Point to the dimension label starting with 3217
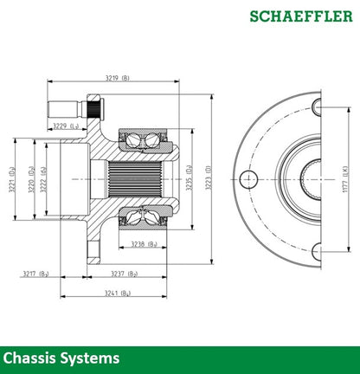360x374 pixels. coord(35,274)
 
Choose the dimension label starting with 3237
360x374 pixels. coord(125,274)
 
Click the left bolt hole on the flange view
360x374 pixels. coord(248,179)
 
